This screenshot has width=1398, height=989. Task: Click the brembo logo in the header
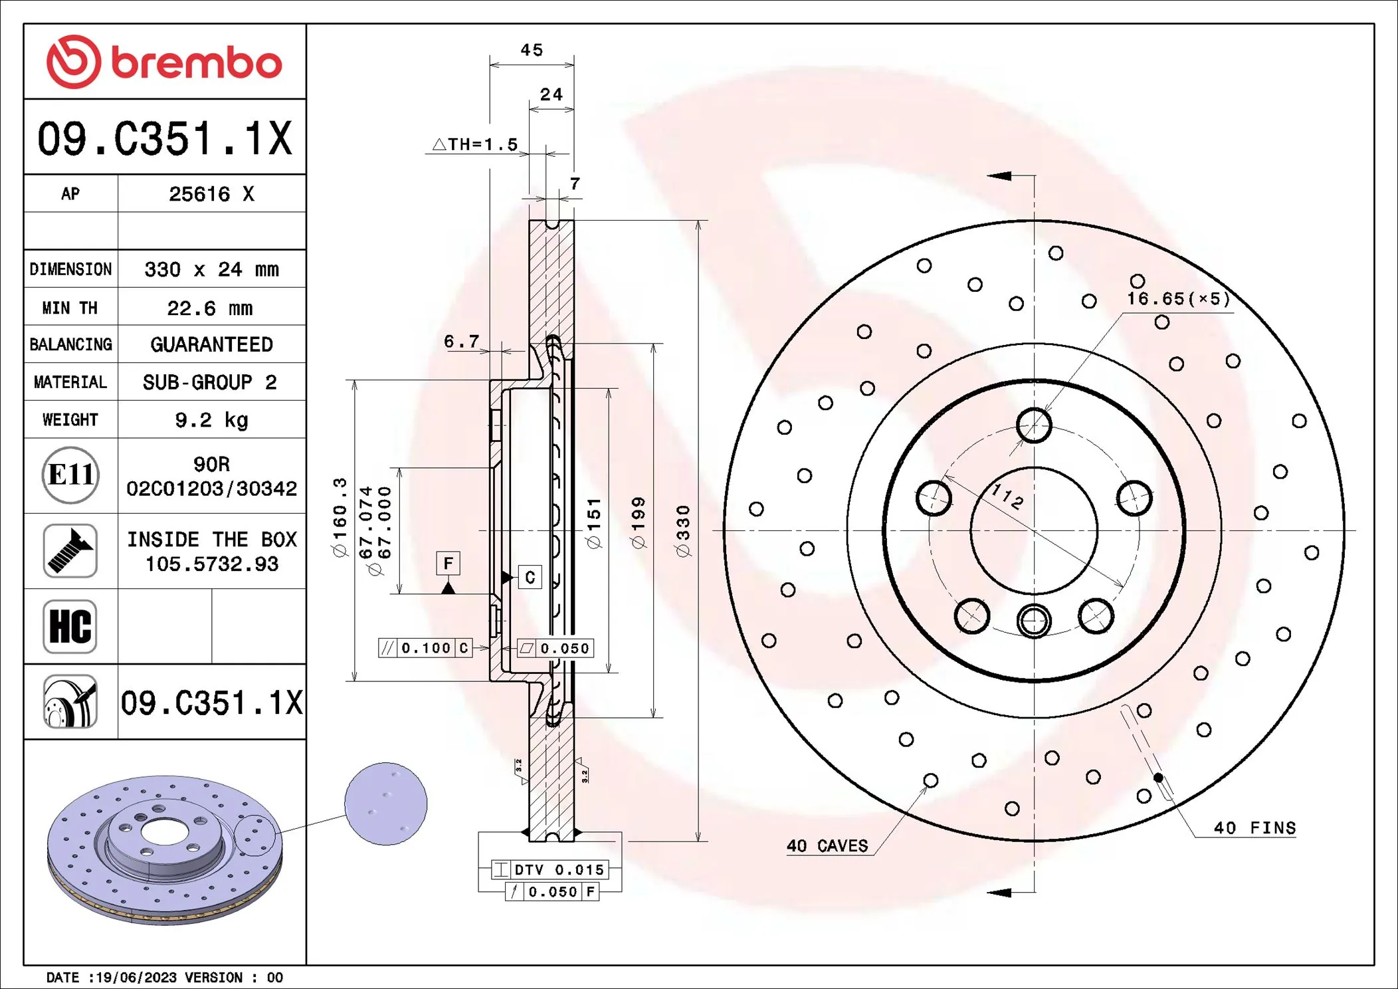[164, 62]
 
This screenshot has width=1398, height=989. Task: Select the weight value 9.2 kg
[211, 420]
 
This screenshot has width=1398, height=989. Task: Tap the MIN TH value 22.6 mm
[210, 308]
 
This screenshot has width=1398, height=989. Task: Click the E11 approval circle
[70, 475]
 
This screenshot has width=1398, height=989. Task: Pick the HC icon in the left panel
[70, 626]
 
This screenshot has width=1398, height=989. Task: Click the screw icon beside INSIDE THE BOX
[70, 550]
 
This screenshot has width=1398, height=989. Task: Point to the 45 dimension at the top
[532, 51]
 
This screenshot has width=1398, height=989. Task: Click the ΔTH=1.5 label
[476, 144]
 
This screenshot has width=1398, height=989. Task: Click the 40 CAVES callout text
[827, 845]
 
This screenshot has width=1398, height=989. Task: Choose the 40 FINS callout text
[1254, 827]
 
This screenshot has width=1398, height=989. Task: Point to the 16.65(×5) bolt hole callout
[1178, 298]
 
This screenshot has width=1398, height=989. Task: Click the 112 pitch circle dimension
[1007, 496]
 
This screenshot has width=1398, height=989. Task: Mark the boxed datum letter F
[449, 564]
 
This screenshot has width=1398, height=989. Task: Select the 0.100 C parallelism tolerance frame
[425, 648]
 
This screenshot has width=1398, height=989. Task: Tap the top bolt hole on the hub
[1034, 425]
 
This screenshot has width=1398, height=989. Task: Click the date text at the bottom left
[164, 977]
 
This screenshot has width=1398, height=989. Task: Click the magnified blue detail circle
[386, 804]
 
